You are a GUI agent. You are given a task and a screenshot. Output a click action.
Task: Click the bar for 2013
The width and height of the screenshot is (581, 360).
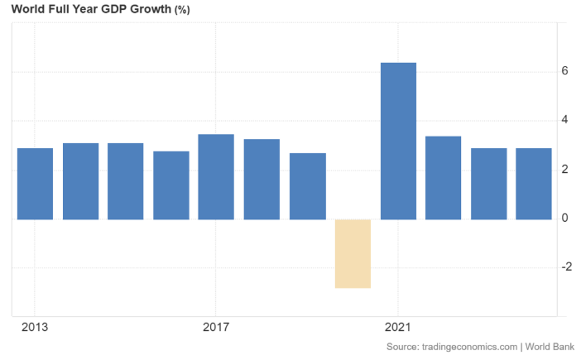[35, 184]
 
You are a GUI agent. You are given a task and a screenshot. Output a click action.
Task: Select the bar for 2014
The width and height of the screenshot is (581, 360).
[80, 181]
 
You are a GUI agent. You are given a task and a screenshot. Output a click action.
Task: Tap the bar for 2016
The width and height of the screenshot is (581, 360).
[171, 185]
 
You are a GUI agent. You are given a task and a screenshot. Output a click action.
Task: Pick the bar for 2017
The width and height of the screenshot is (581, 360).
[216, 176]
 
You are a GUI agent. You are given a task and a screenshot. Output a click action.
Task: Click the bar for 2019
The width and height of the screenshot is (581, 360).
[307, 186]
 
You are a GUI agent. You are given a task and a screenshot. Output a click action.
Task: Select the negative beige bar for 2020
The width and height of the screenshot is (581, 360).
[353, 253]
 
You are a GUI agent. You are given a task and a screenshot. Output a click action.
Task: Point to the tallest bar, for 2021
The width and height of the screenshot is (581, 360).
[398, 141]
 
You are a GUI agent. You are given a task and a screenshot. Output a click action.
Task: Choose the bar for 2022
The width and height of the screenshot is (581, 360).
[443, 178]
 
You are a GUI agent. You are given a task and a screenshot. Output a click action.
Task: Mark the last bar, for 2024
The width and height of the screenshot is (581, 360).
[534, 184]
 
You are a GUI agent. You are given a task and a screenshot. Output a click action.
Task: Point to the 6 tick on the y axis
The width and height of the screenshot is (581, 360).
[564, 72]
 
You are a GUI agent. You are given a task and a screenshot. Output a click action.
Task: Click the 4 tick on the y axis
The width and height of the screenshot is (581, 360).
[564, 121]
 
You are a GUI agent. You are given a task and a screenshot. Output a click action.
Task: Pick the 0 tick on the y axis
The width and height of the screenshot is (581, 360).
[564, 218]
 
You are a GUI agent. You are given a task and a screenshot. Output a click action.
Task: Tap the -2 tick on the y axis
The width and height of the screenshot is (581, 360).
[563, 267]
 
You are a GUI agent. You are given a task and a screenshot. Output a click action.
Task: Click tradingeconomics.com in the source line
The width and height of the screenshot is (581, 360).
[468, 346]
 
